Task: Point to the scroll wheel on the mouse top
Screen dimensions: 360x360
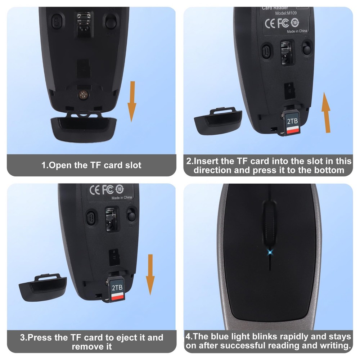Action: coord(269,218)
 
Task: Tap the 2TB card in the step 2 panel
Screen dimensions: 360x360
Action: coord(292,124)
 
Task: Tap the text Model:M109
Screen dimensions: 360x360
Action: coord(287,13)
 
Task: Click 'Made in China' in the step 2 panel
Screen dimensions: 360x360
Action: coord(297,31)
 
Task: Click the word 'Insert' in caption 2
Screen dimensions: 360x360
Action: coord(209,161)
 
